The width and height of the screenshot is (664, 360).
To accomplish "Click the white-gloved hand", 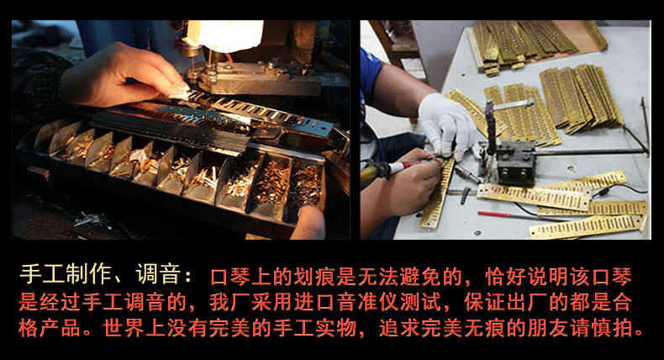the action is click(448, 123).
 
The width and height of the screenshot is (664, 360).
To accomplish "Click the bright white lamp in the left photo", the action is click(228, 34).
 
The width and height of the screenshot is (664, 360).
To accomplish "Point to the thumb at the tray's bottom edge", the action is click(308, 223).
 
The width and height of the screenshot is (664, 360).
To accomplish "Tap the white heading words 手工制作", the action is click(65, 274).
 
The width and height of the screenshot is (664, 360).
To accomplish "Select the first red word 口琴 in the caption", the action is click(231, 277).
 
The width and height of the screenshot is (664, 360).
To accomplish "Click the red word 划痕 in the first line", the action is click(315, 277).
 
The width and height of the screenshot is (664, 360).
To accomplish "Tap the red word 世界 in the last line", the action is click(124, 328).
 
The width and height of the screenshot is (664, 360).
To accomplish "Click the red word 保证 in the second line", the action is click(484, 302).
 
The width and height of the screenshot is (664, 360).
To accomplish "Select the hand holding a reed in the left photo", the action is click(123, 76).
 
